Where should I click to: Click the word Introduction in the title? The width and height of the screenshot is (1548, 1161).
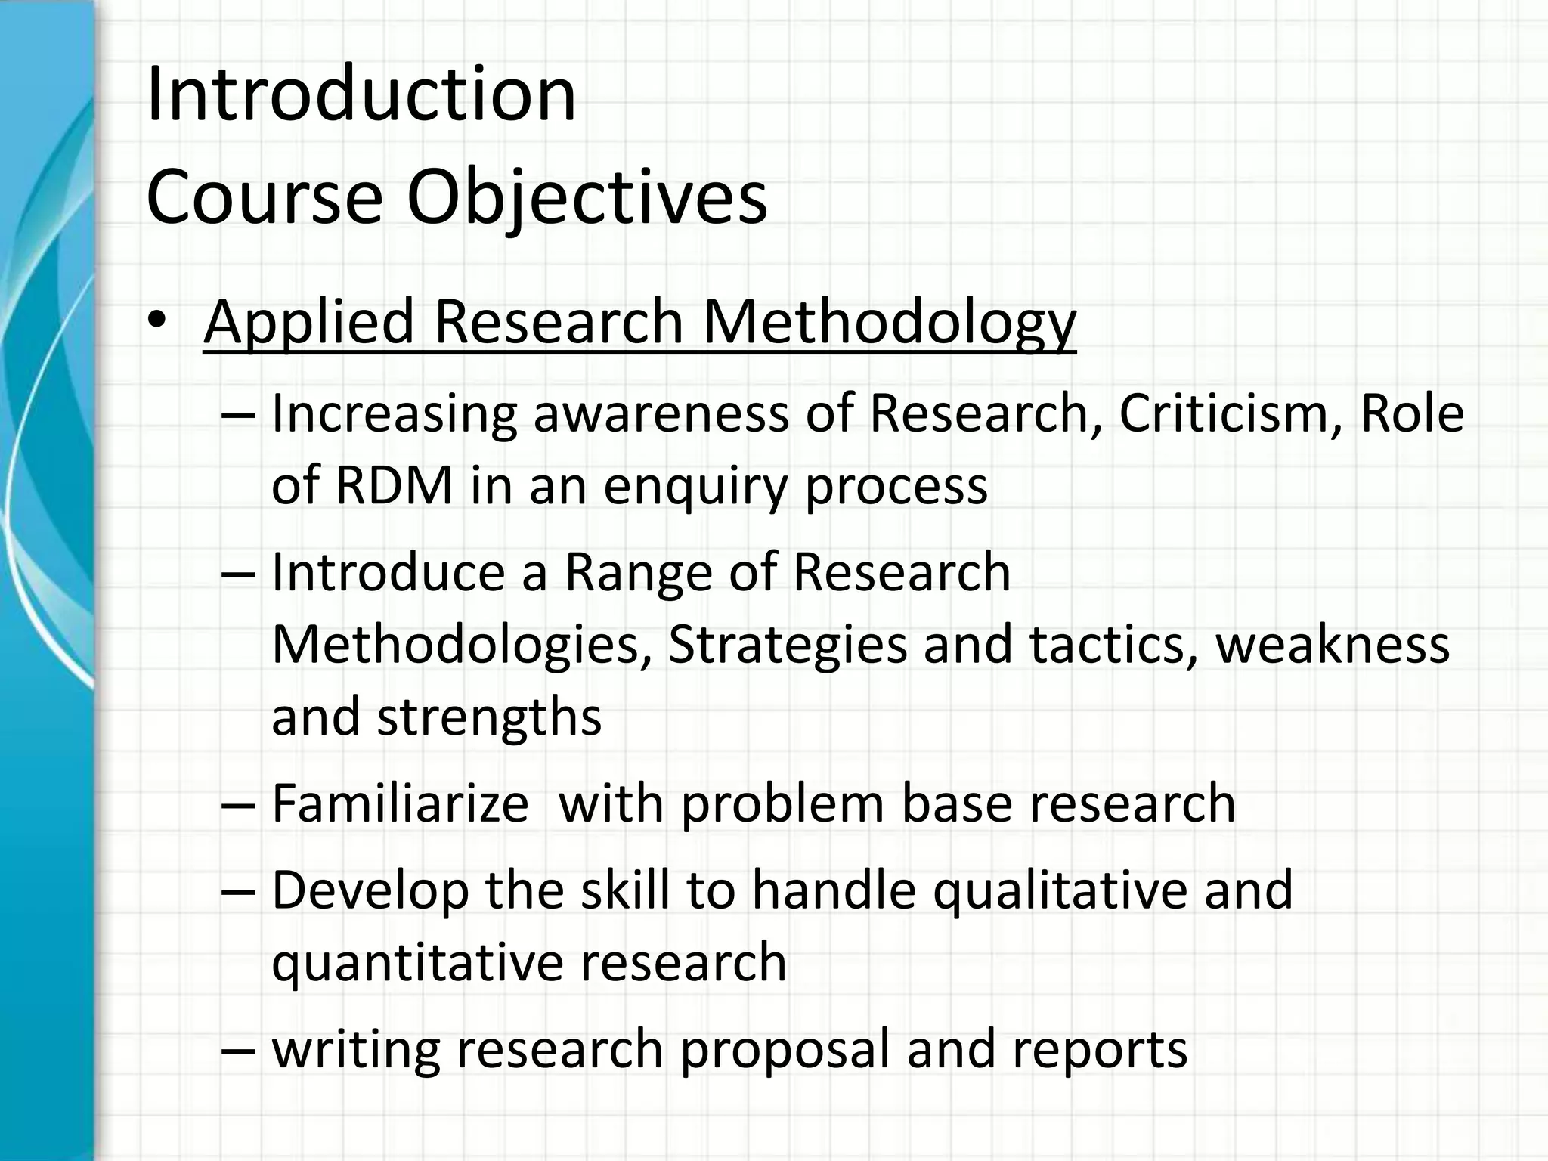[361, 94]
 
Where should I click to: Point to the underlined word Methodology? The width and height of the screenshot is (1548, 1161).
[889, 322]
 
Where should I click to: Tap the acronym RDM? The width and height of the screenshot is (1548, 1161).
[394, 485]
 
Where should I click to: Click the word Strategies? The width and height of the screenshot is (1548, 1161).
[788, 645]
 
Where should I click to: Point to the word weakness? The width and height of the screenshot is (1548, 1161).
[1332, 645]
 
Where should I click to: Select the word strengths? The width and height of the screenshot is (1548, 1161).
[489, 717]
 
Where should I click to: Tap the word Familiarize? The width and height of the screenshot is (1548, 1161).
[400, 803]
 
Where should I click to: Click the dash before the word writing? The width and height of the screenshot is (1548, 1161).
[240, 1049]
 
